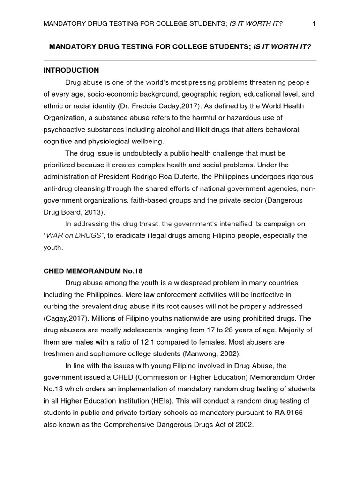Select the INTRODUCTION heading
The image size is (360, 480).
point(71,70)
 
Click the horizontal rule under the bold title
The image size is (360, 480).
point(180,60)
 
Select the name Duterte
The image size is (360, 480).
point(204,176)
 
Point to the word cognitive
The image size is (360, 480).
point(59,141)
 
